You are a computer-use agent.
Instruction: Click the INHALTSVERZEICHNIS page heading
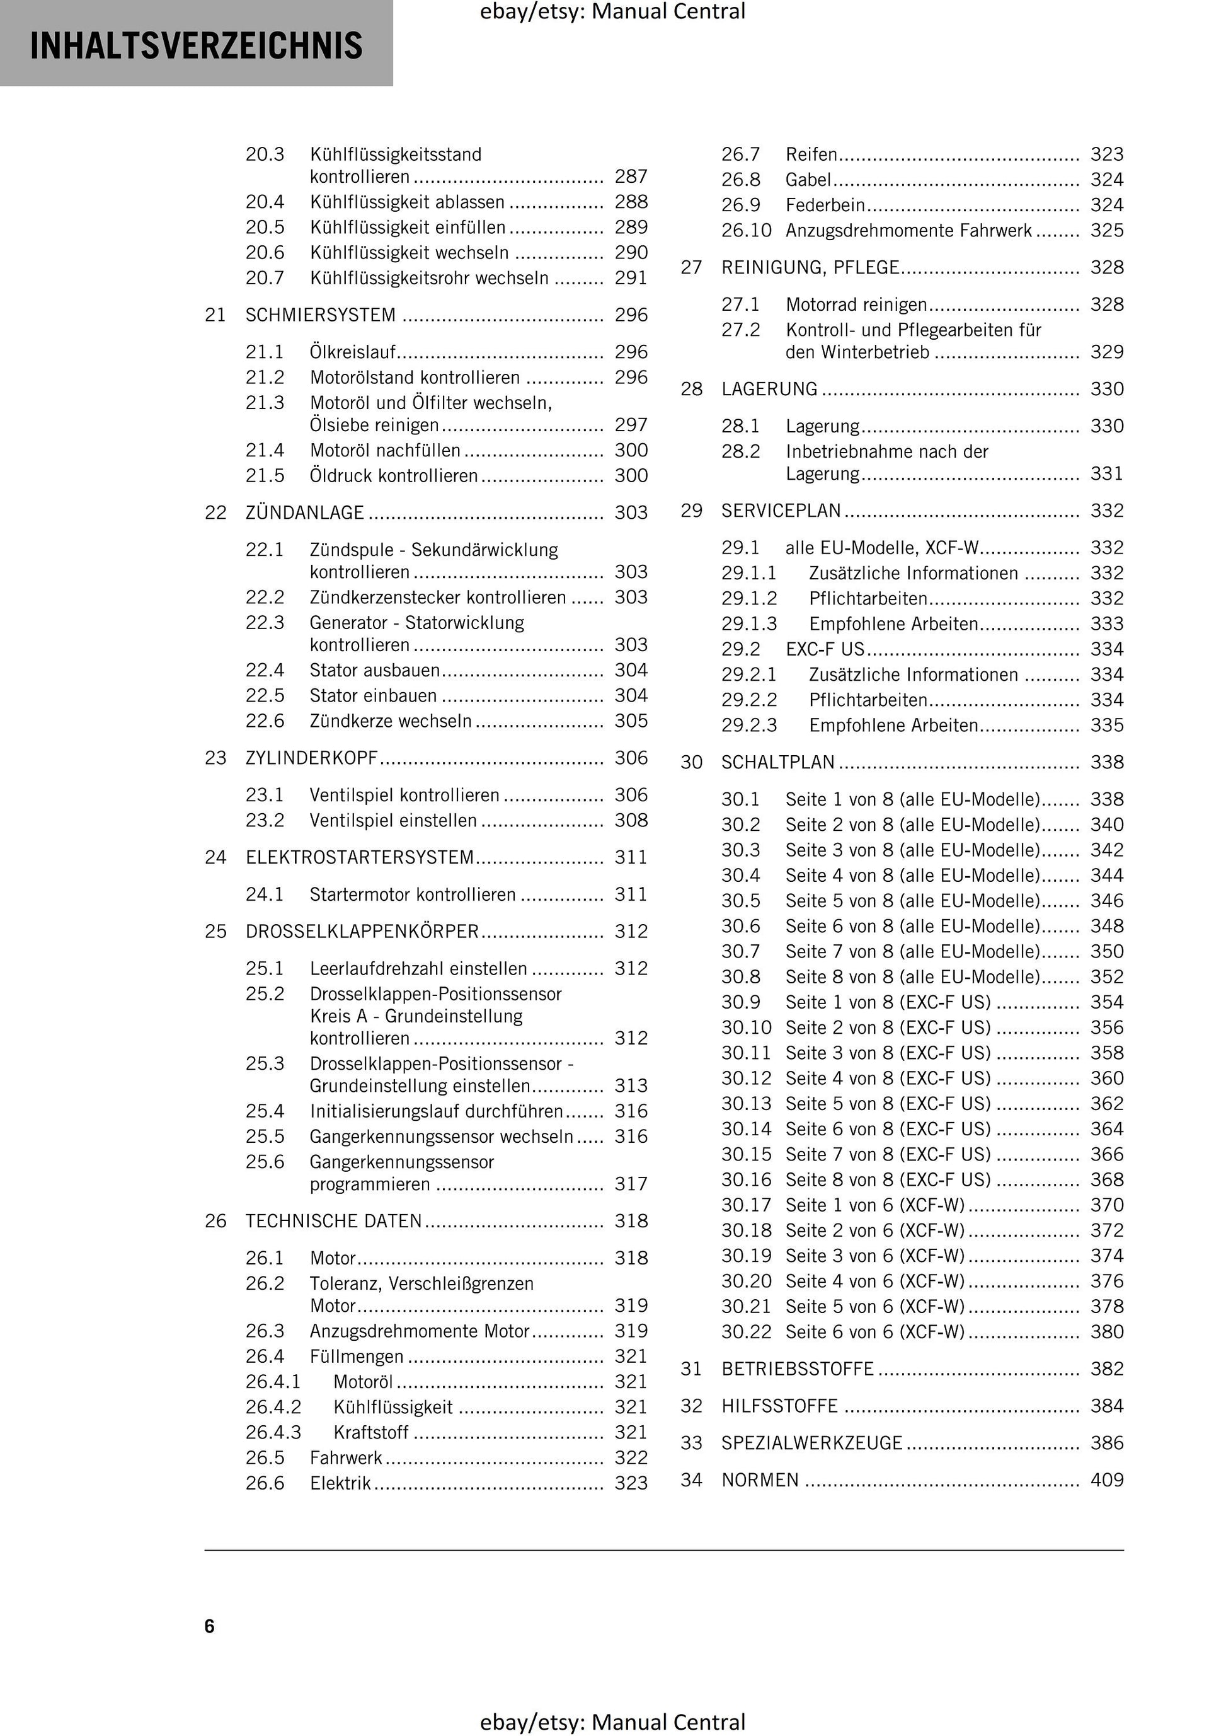point(196,45)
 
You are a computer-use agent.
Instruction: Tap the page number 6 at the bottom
point(209,1626)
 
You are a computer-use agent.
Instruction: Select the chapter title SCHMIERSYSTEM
point(321,315)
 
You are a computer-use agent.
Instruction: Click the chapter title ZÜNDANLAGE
point(305,512)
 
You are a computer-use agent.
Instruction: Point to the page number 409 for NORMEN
point(1106,1479)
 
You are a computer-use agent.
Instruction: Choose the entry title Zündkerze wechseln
point(390,720)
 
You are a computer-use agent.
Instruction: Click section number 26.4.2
point(273,1406)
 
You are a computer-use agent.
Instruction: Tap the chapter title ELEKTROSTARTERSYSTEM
point(359,857)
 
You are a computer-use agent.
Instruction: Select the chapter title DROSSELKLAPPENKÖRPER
point(362,932)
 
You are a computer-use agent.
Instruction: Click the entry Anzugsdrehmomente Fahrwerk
point(908,231)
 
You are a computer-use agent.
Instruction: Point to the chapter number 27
point(691,268)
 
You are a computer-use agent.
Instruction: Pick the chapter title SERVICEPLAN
point(781,511)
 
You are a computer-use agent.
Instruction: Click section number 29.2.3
point(748,725)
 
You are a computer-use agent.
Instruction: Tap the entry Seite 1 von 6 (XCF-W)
point(874,1205)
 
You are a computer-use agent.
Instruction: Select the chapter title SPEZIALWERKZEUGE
point(812,1443)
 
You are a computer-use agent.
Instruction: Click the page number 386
point(1106,1443)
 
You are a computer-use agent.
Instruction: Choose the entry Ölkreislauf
point(353,352)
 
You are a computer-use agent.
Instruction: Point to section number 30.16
point(746,1179)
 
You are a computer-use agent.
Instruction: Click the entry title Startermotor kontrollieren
point(412,894)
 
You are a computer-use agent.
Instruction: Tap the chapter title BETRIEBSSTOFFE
point(798,1369)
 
